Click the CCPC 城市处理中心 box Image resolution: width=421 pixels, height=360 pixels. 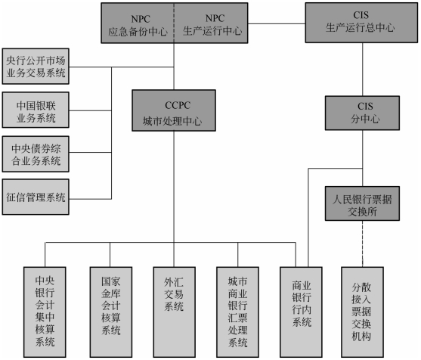pos(174,110)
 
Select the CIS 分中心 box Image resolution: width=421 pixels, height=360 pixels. pos(362,113)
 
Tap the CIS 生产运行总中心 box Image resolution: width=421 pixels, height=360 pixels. pos(361,23)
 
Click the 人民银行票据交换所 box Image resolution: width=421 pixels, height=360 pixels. pos(362,203)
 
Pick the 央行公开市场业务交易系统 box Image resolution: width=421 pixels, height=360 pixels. pos(36,66)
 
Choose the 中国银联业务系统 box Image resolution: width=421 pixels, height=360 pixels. pos(36,110)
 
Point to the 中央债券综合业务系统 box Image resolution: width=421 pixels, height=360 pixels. pos(36,154)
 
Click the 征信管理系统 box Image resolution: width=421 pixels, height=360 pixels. pos(36,197)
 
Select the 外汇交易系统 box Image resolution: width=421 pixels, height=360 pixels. pos(175,312)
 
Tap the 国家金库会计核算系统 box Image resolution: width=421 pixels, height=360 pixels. pos(111,312)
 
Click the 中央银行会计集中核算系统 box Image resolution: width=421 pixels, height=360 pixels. pos(45,312)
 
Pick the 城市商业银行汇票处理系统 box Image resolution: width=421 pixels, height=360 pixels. pos(237,312)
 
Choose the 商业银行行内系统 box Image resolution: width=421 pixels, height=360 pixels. pos(301,312)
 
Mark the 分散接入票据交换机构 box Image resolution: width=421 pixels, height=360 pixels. pos(362,312)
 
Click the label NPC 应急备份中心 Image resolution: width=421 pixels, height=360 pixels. pos(138,26)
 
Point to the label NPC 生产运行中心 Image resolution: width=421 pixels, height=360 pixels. pos(212,25)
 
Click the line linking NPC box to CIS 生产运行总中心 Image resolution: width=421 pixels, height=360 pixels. pos(277,23)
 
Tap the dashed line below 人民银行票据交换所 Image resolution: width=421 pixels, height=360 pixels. pos(363,244)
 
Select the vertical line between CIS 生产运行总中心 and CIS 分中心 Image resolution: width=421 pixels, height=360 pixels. pos(363,70)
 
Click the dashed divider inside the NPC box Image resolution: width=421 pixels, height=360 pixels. pos(174,23)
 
